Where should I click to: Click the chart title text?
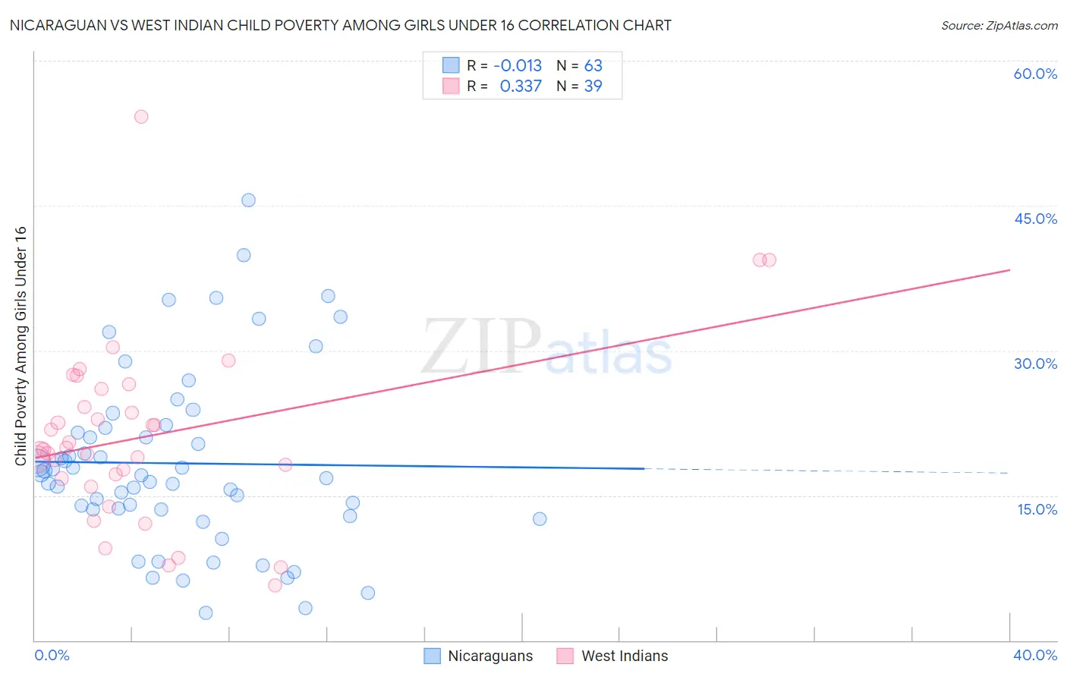pyautogui.click(x=340, y=26)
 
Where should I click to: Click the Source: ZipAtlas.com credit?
pyautogui.click(x=999, y=26)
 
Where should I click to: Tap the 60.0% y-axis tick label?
pyautogui.click(x=1035, y=74)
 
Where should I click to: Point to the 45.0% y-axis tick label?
pyautogui.click(x=1035, y=219)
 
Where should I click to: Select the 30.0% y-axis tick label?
pyautogui.click(x=1035, y=364)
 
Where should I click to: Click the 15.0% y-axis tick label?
pyautogui.click(x=1037, y=509)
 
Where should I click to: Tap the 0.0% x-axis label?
pyautogui.click(x=52, y=655)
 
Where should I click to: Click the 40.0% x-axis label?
pyautogui.click(x=1035, y=655)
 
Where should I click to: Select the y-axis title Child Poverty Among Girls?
pyautogui.click(x=20, y=345)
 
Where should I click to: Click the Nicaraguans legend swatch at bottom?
pyautogui.click(x=433, y=656)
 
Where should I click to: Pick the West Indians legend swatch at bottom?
pyautogui.click(x=565, y=656)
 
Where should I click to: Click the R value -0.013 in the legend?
pyautogui.click(x=518, y=66)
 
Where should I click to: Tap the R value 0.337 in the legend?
pyautogui.click(x=521, y=87)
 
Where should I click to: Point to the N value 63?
pyautogui.click(x=593, y=66)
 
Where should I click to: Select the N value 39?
pyautogui.click(x=593, y=87)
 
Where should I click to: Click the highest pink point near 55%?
pyautogui.click(x=141, y=117)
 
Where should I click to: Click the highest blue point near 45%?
pyautogui.click(x=248, y=200)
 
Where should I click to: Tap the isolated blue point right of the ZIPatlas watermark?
pyautogui.click(x=540, y=519)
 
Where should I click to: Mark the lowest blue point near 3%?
pyautogui.click(x=206, y=612)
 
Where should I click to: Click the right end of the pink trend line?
pyautogui.click(x=1009, y=270)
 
